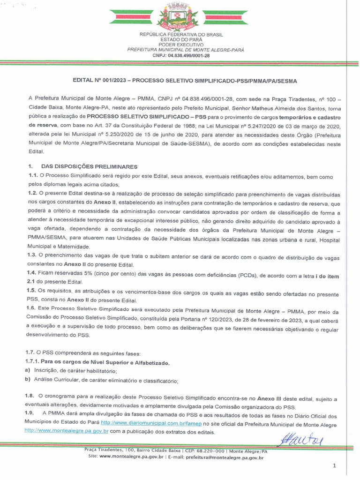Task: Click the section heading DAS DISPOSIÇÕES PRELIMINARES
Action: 89,166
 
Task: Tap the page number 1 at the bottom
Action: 334,465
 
